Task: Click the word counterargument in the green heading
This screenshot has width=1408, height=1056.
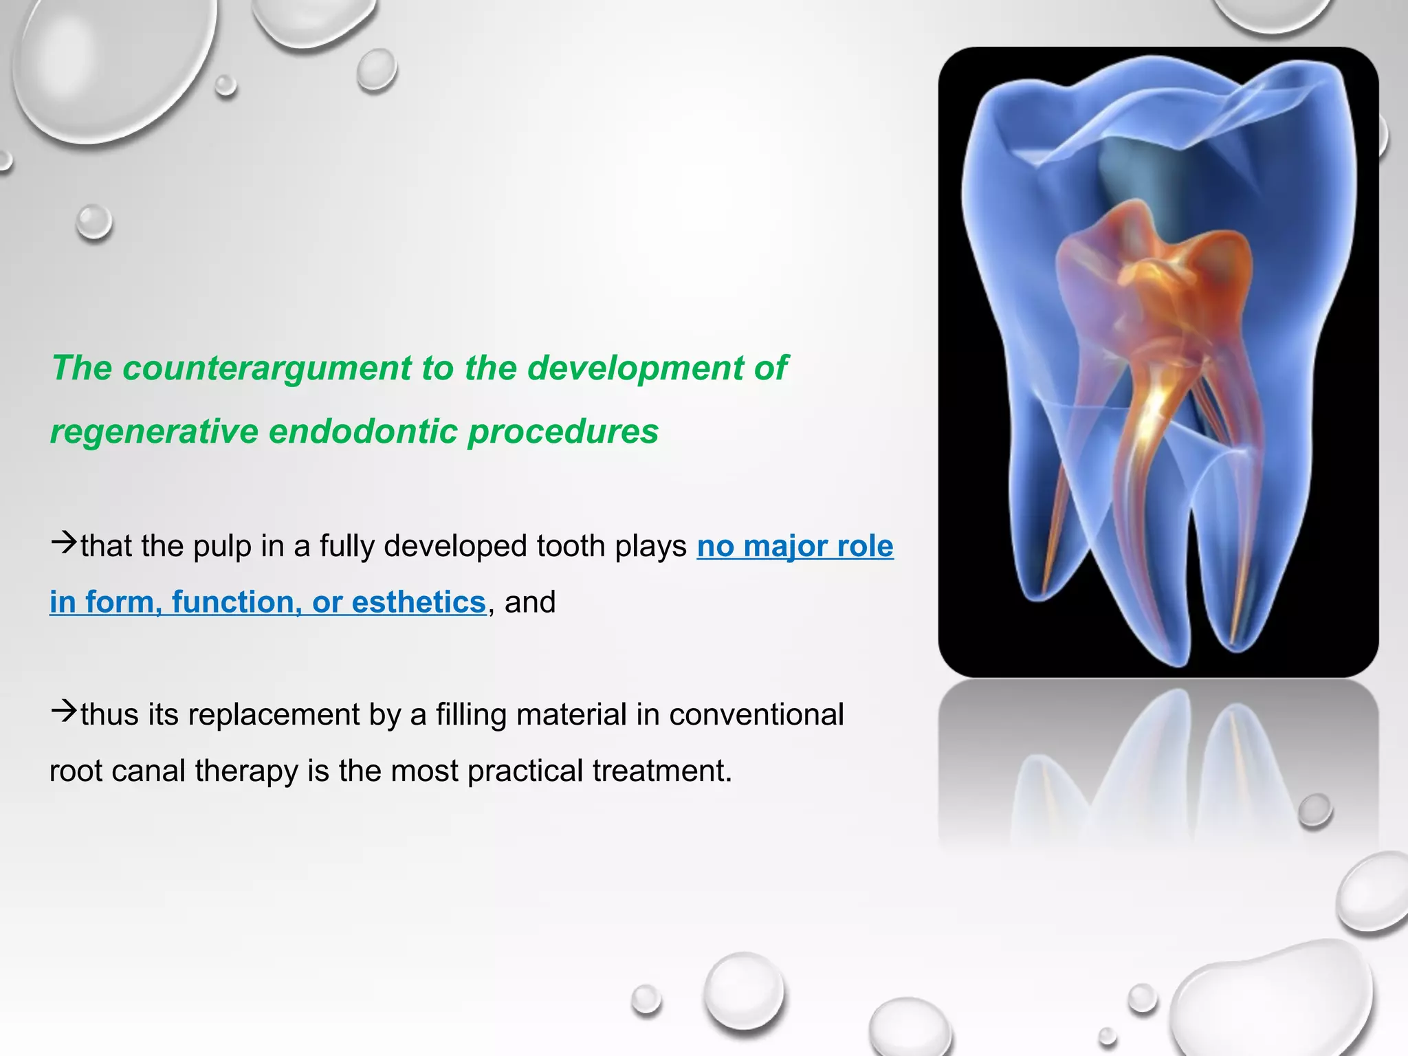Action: [267, 368]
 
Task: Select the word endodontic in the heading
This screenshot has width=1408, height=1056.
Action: [363, 432]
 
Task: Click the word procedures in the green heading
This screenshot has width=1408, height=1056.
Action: [562, 432]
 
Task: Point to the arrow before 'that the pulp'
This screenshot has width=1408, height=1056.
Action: [63, 542]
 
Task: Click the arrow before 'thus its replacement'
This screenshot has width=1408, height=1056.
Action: [63, 711]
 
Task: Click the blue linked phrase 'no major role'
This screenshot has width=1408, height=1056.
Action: [795, 547]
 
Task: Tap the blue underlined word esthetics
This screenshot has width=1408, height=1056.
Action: [419, 602]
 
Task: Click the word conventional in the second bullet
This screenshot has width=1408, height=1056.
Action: [756, 715]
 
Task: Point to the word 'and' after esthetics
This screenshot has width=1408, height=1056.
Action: [530, 602]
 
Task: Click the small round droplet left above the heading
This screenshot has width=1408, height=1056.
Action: [93, 221]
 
